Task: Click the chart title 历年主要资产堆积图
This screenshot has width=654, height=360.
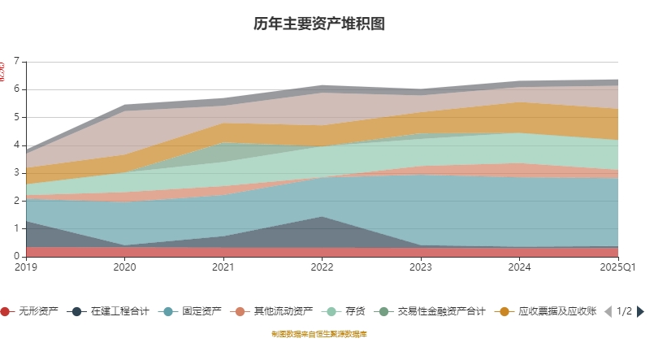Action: pos(318,24)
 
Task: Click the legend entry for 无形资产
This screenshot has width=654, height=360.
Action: pos(30,311)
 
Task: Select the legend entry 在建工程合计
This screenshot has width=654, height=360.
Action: pos(110,311)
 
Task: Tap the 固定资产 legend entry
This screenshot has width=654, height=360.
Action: pos(193,311)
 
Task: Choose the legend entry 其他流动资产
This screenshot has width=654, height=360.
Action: pos(273,311)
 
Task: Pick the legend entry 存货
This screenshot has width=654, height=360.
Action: pos(345,311)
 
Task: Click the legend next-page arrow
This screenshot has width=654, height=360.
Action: pos(640,311)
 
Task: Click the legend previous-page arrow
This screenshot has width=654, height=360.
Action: pos(608,311)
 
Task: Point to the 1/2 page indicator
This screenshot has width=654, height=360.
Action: pos(624,311)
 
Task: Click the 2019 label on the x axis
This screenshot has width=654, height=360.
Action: pos(26,267)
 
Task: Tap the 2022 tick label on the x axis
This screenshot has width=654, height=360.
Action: pos(323,267)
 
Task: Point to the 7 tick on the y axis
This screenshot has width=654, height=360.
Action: pos(17,62)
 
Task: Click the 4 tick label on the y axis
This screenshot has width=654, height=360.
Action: pos(17,145)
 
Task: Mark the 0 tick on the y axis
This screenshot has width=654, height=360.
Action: pos(17,257)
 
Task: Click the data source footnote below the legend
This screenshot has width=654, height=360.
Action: pos(319,334)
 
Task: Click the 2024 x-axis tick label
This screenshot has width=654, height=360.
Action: pos(520,267)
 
